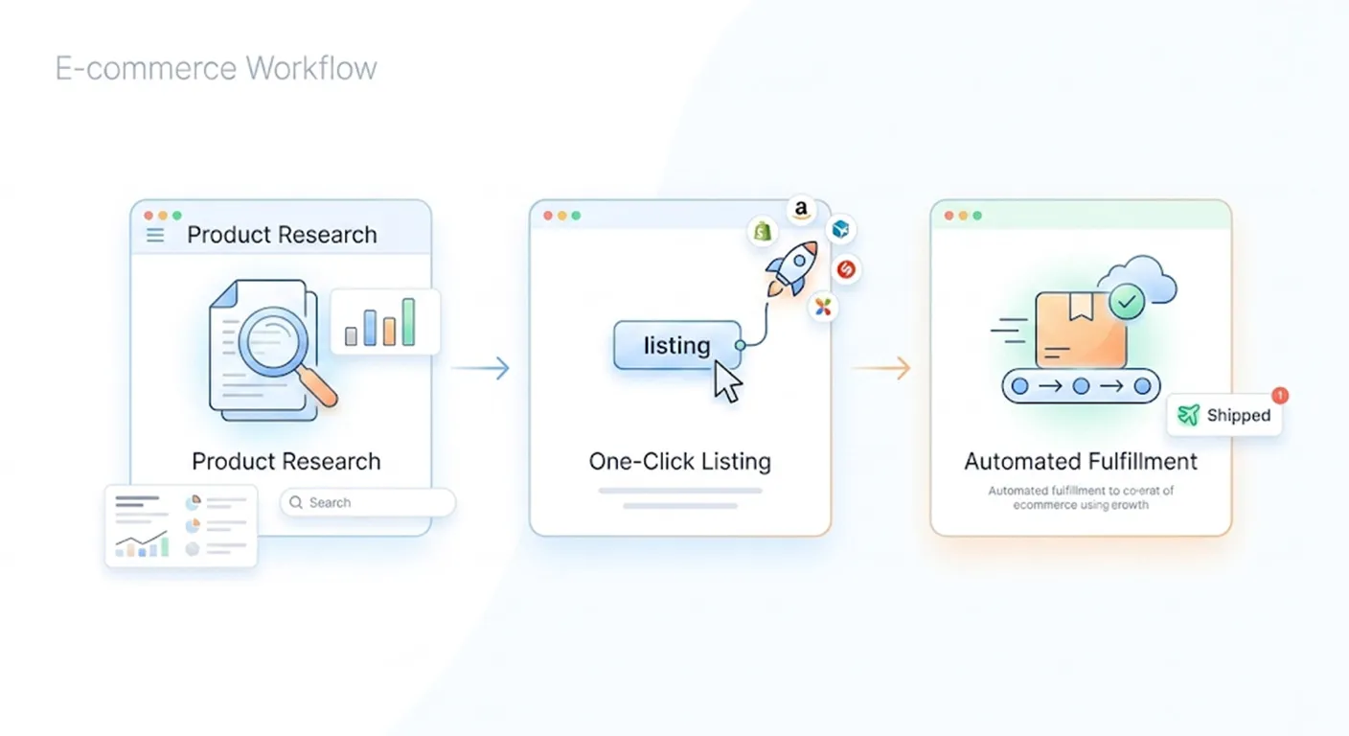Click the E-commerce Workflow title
[x=216, y=69]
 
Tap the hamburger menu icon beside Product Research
[x=155, y=236]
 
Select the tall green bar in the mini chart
[x=409, y=322]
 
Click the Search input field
[x=368, y=502]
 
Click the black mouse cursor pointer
[x=728, y=383]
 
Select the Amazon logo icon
[x=801, y=210]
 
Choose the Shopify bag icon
[x=763, y=231]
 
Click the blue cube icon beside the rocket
[x=840, y=230]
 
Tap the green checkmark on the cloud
[x=1127, y=303]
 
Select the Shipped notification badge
[x=1224, y=415]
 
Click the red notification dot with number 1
[x=1280, y=395]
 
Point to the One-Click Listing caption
[x=679, y=461]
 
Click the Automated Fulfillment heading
[x=1081, y=461]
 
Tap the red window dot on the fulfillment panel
[x=949, y=216]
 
